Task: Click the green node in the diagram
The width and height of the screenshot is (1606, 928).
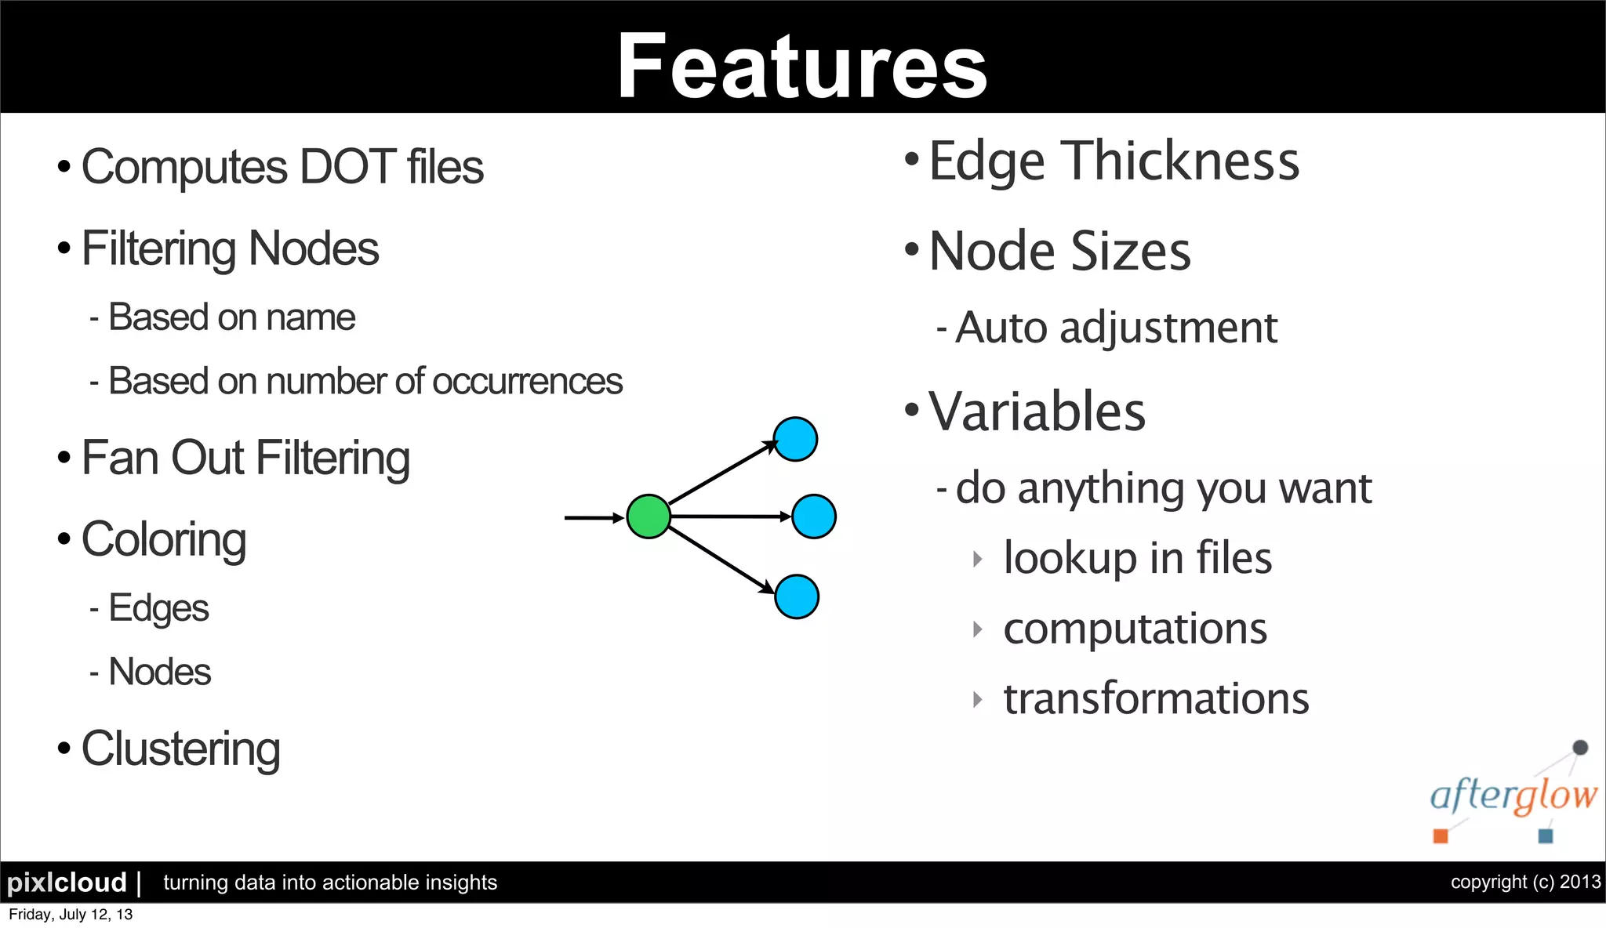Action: (649, 517)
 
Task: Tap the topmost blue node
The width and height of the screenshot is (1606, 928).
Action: (795, 439)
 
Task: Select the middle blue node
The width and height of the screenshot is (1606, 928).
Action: (814, 517)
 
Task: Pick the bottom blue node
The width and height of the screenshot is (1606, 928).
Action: (797, 597)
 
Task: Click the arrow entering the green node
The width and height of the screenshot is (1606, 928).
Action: (592, 517)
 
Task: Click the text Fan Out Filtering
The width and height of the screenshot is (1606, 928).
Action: (245, 458)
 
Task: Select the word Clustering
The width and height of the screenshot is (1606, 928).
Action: (180, 749)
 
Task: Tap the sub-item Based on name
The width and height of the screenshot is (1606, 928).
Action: (231, 317)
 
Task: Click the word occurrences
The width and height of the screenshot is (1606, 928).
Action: (527, 382)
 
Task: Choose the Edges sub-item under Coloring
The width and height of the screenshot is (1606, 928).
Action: (158, 608)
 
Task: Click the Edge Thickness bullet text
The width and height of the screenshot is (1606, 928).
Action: (1114, 161)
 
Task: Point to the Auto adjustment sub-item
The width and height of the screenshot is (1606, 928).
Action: (1116, 328)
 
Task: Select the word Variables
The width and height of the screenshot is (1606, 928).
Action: (1037, 411)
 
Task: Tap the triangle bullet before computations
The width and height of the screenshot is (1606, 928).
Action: (977, 629)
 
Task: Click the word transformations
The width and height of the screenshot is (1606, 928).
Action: (1156, 698)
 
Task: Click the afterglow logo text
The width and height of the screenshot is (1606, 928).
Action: (1513, 796)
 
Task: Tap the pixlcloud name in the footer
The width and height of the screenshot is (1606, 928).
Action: (67, 883)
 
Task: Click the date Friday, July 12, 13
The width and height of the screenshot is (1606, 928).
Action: (71, 915)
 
